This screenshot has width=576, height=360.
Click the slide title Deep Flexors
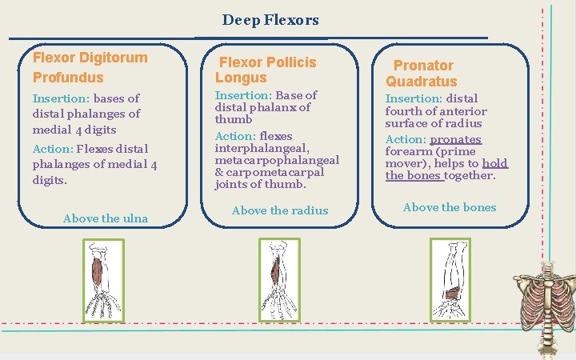pyautogui.click(x=270, y=20)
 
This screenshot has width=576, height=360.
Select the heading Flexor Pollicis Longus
pyautogui.click(x=266, y=70)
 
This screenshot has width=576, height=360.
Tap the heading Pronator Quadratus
pyautogui.click(x=422, y=73)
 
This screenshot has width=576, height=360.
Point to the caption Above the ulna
pyautogui.click(x=105, y=218)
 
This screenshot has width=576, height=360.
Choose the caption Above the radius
pyautogui.click(x=279, y=210)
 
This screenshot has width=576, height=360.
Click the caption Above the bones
pyautogui.click(x=450, y=207)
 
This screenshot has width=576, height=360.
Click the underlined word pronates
pyautogui.click(x=455, y=139)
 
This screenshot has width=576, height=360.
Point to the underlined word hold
pyautogui.click(x=494, y=163)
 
